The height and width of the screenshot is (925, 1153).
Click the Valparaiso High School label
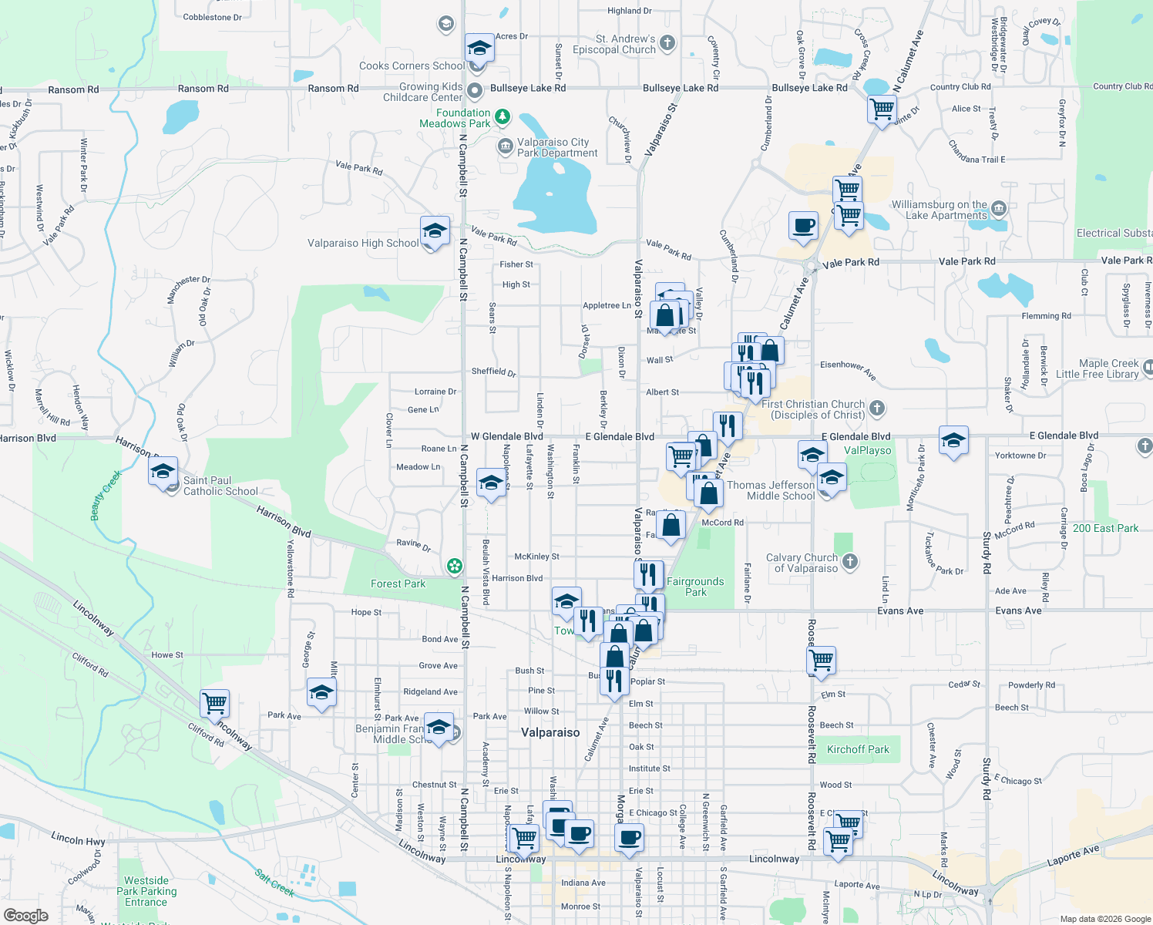(x=363, y=244)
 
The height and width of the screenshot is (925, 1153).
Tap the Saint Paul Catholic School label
(x=220, y=486)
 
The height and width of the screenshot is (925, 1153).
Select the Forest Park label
(x=398, y=584)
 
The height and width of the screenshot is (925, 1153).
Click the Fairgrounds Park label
(x=695, y=587)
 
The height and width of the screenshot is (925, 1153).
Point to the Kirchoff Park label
(x=858, y=749)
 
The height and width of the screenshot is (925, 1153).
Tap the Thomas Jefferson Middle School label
(x=771, y=490)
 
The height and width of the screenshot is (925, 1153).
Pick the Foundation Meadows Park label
(x=455, y=118)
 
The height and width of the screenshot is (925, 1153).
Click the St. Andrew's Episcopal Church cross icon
(x=667, y=43)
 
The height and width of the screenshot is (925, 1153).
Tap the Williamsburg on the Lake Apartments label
(x=939, y=210)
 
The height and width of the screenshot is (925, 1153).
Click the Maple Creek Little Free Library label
(x=1098, y=368)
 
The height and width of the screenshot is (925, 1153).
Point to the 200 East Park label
(x=1105, y=528)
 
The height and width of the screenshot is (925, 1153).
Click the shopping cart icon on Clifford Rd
(x=214, y=703)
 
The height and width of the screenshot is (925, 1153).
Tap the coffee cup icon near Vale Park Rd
(x=803, y=226)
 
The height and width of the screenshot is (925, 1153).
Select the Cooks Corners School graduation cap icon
(x=479, y=49)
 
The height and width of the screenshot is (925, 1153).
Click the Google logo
(x=25, y=916)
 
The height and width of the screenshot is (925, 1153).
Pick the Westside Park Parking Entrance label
(x=146, y=891)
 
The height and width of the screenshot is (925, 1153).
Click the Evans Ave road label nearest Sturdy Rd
(x=1018, y=610)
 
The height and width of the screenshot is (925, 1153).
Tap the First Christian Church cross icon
(x=877, y=408)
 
